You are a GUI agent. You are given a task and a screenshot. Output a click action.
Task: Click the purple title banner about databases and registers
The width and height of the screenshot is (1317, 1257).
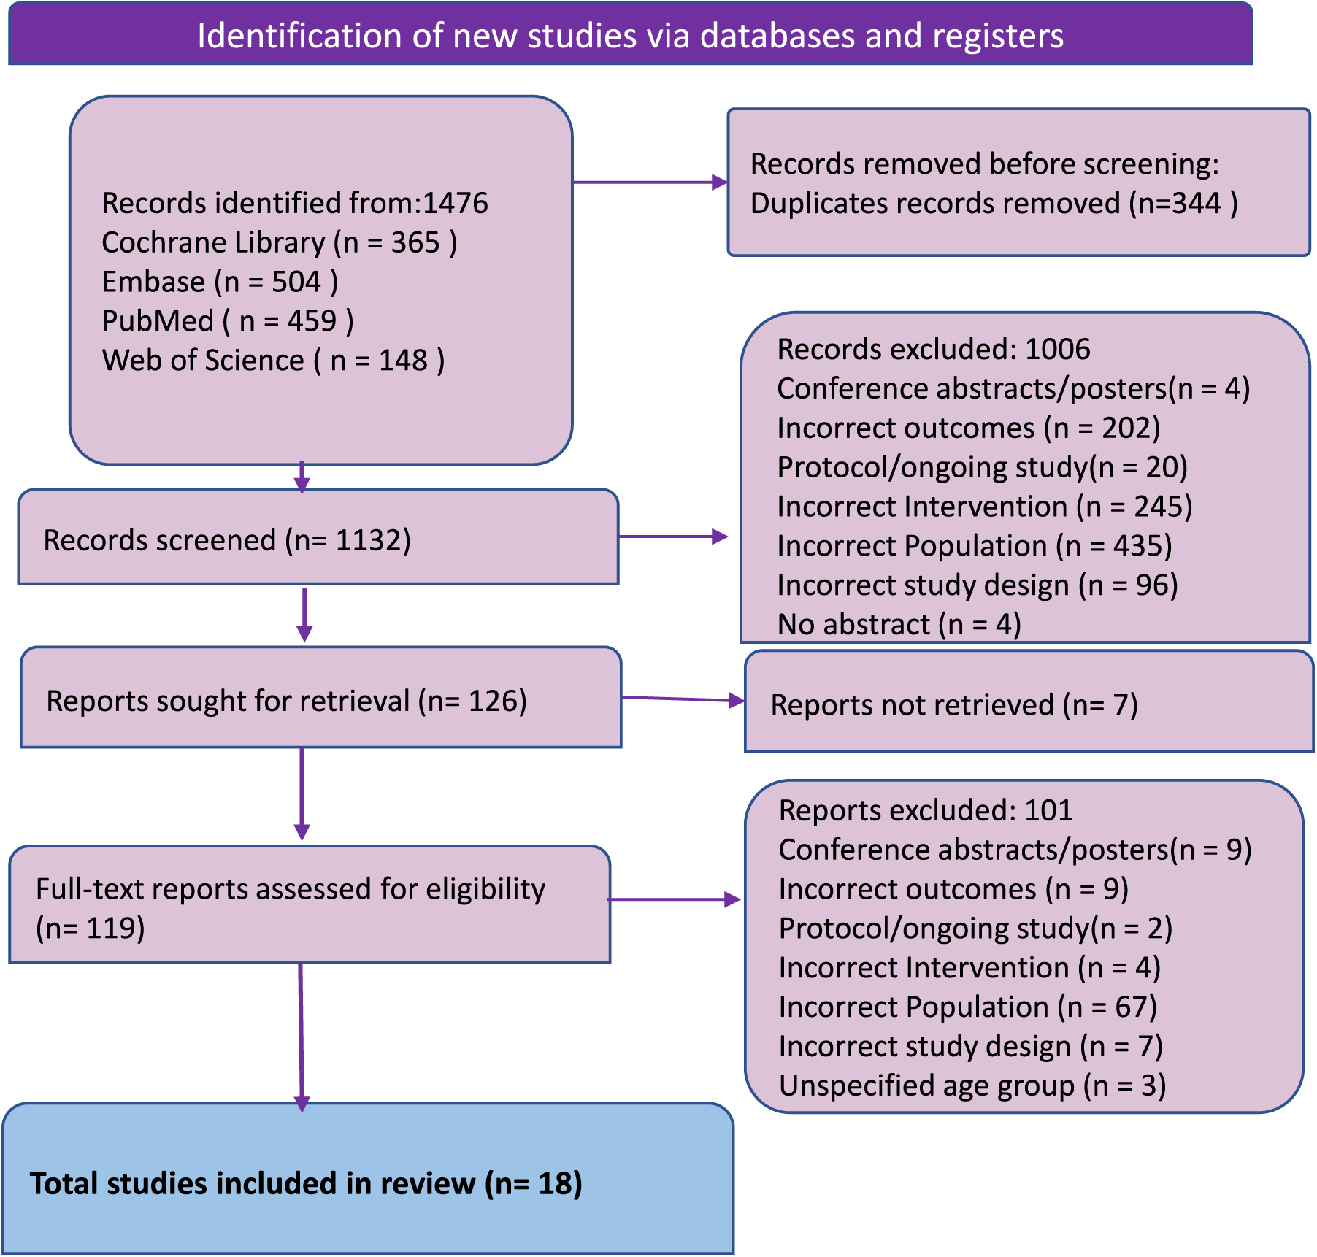[630, 36]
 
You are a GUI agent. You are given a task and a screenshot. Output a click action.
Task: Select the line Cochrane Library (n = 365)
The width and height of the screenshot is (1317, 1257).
[279, 243]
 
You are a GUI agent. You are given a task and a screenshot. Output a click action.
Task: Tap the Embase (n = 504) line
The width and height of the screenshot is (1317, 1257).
[219, 282]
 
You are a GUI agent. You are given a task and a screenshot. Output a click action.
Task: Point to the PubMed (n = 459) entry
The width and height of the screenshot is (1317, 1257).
[227, 322]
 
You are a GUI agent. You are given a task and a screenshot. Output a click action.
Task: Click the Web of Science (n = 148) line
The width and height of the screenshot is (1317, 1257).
[273, 361]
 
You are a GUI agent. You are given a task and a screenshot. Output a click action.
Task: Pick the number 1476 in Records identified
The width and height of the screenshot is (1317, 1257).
[455, 204]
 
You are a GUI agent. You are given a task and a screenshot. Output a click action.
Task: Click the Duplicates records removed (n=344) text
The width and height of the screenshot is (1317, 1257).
[993, 204]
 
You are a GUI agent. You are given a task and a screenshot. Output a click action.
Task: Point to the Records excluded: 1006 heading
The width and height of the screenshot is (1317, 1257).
[933, 350]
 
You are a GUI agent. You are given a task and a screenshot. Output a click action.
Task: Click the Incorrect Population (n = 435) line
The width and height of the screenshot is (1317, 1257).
[974, 547]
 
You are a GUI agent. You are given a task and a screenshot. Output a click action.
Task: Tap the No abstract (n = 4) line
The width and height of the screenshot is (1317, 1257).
[899, 626]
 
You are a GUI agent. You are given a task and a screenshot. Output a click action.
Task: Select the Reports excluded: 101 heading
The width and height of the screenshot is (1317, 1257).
[925, 811]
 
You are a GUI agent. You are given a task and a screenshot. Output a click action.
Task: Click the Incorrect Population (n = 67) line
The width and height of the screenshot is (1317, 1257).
[967, 1008]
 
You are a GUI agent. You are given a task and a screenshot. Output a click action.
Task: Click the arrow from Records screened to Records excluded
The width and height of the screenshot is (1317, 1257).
[672, 537]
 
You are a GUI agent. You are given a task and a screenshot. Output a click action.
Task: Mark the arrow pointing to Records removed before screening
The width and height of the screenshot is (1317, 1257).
[649, 182]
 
